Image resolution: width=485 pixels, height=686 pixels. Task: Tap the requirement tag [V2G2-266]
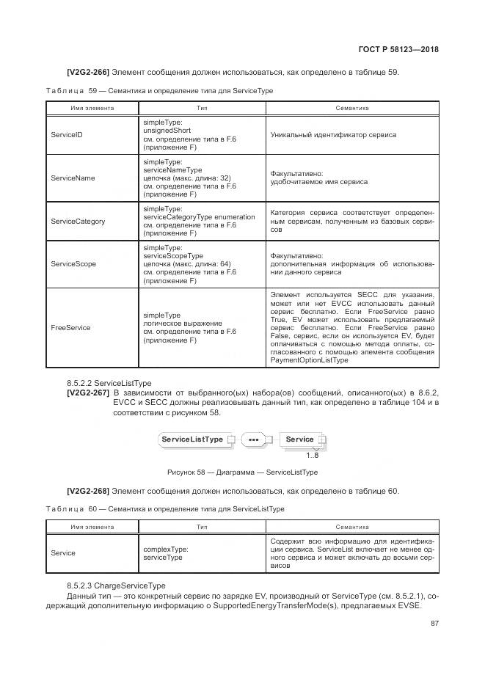pyautogui.click(x=88, y=72)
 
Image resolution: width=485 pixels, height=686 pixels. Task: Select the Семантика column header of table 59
pyautogui.click(x=351, y=108)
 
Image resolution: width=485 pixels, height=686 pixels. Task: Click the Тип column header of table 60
pyautogui.click(x=201, y=528)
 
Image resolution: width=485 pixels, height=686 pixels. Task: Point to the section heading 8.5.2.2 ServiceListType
pyautogui.click(x=109, y=384)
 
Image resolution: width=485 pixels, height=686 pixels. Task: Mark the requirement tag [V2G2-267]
pyautogui.click(x=88, y=394)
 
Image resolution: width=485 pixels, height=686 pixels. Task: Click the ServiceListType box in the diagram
pyautogui.click(x=192, y=439)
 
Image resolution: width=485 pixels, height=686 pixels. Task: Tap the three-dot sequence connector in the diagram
pyautogui.click(x=255, y=440)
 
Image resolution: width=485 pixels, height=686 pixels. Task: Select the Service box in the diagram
pyautogui.click(x=299, y=439)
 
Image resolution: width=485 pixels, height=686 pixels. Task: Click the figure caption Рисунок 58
pyautogui.click(x=242, y=472)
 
